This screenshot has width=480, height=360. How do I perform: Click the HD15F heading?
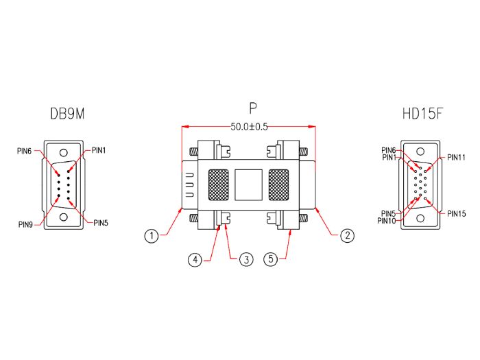[x=422, y=113]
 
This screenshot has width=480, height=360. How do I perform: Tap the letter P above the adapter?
[x=253, y=109]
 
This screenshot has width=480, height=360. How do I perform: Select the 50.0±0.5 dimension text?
[x=249, y=127]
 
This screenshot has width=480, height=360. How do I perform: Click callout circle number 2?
[x=347, y=236]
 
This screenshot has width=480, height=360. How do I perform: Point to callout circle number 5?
[x=271, y=260]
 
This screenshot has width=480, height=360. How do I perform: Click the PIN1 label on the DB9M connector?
[x=99, y=149]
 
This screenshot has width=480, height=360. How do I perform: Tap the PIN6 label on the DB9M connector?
[x=25, y=151]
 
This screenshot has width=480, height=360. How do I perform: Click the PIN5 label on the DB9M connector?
[x=101, y=223]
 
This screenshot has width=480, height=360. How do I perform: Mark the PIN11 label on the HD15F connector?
[x=456, y=157]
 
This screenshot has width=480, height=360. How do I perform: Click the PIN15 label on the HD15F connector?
[x=456, y=214]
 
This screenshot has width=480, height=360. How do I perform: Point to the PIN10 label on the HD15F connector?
[x=387, y=220]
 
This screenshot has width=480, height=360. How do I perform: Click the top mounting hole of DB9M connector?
[x=64, y=154]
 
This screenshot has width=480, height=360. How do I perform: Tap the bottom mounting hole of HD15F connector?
[x=420, y=218]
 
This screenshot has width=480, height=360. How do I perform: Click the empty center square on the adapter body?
[x=249, y=184]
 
